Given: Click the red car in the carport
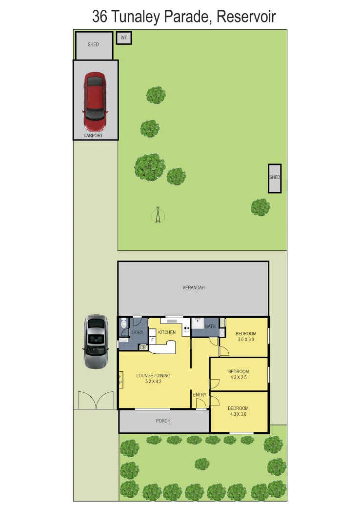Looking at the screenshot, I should [x=95, y=99].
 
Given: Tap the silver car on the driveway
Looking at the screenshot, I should [x=95, y=341].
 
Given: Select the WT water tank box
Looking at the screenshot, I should [x=123, y=38].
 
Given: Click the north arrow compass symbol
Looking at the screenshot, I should [x=158, y=215].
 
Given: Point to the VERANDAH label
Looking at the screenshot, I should [x=193, y=288].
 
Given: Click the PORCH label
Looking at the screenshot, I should [x=163, y=421].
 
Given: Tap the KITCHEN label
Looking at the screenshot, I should [x=166, y=332].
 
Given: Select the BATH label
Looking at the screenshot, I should [x=210, y=326].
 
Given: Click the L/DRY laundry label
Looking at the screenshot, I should [x=138, y=333].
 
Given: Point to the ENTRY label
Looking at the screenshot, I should [x=200, y=395].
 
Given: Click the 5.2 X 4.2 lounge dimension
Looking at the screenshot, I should [x=153, y=382].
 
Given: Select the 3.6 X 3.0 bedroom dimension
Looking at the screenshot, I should [x=246, y=340].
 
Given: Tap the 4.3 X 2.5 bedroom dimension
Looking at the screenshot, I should [x=239, y=377].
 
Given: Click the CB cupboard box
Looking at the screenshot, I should [x=143, y=347].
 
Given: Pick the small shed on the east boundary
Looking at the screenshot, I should [x=275, y=178].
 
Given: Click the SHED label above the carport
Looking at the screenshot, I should [x=93, y=44].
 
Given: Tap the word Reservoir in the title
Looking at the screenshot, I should [x=246, y=17].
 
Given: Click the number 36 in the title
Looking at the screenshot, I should [x=100, y=17].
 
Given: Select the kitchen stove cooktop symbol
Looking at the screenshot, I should [x=186, y=329].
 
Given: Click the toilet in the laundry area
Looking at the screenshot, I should [x=123, y=323].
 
